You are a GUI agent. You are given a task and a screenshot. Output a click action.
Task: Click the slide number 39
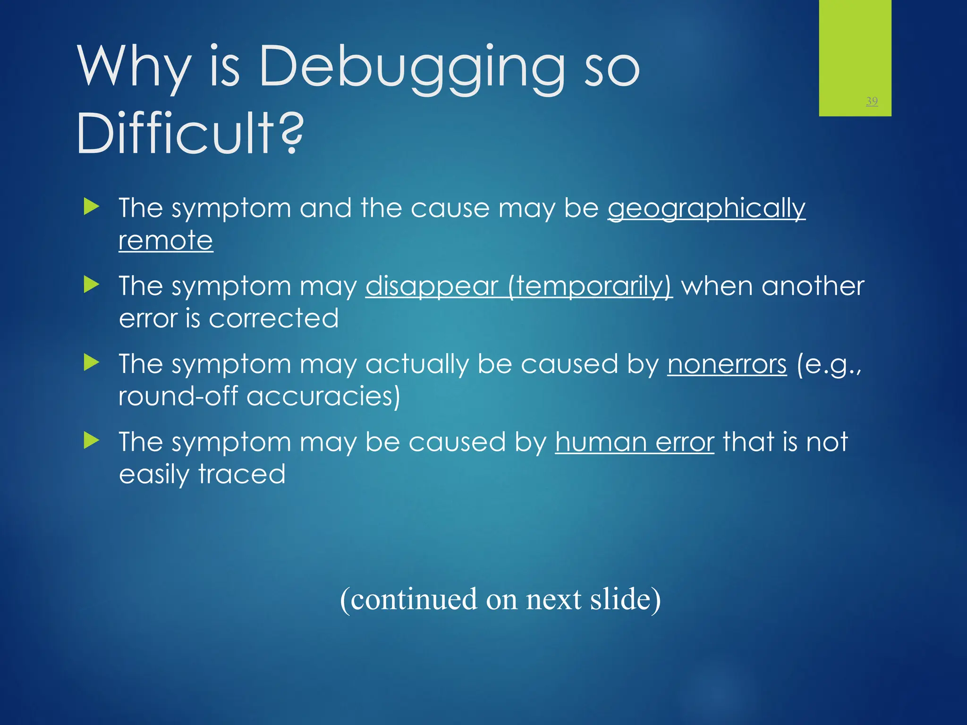click(872, 101)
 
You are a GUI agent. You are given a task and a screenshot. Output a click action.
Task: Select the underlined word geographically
click(706, 208)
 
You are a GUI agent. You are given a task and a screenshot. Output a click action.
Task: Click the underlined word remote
click(166, 241)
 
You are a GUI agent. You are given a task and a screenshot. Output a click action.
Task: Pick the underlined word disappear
click(432, 286)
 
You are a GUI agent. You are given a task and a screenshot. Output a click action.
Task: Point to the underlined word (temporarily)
click(590, 286)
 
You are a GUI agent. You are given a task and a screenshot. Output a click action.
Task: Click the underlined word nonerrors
click(727, 364)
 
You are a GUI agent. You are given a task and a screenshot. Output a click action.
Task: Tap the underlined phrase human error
click(634, 442)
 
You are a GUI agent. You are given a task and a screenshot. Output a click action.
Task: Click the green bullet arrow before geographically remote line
click(92, 207)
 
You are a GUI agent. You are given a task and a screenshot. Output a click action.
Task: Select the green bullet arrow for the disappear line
click(92, 285)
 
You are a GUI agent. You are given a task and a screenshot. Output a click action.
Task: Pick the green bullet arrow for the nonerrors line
click(92, 362)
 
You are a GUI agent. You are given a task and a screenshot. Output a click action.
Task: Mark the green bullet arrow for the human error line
click(92, 441)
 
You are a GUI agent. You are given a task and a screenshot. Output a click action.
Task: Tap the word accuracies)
click(323, 396)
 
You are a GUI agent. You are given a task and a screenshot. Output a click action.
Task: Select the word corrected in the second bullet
click(274, 319)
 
